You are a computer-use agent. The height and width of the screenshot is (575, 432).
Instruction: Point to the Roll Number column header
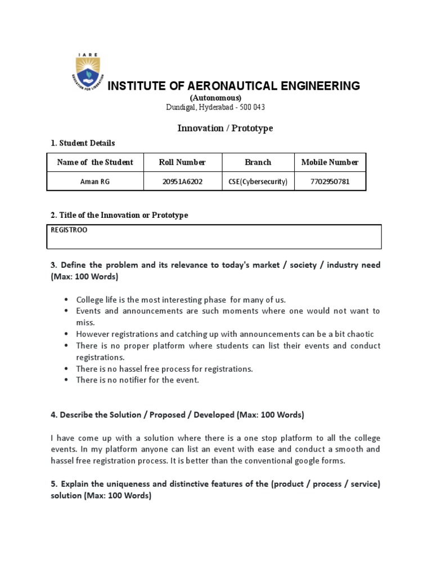(x=182, y=162)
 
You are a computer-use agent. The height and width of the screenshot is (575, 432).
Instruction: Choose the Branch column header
(x=258, y=162)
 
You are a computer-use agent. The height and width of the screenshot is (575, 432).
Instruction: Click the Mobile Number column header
(x=330, y=162)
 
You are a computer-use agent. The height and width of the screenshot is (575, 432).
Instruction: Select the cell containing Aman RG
(x=95, y=181)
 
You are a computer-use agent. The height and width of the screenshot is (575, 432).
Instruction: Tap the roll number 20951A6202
(x=182, y=181)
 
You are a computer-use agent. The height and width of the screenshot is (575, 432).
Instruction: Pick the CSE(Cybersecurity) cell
(x=258, y=181)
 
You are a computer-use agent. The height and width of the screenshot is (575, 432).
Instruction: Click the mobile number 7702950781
(x=330, y=181)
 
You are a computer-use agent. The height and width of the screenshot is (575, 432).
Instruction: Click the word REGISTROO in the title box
(x=69, y=230)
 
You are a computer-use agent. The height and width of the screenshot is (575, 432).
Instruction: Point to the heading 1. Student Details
(x=83, y=143)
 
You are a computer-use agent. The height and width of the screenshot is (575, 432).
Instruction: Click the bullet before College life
(x=66, y=300)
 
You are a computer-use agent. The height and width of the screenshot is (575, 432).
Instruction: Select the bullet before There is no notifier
(x=66, y=380)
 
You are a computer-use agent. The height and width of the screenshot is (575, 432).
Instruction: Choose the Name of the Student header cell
(x=95, y=162)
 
